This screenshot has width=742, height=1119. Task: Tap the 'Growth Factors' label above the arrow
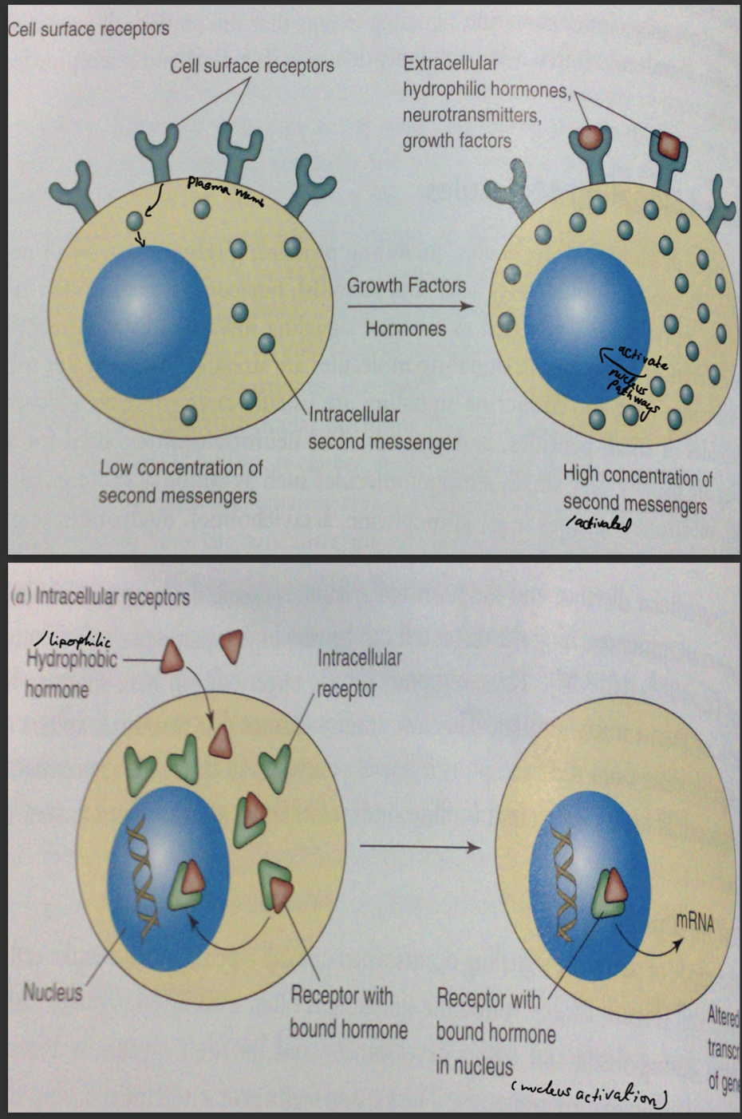click(406, 286)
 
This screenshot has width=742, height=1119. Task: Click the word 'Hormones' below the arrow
click(405, 329)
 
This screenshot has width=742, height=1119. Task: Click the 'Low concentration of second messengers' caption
click(180, 482)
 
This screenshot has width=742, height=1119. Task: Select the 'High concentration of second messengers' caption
click(637, 489)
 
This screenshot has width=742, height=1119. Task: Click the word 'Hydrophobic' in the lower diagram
click(72, 660)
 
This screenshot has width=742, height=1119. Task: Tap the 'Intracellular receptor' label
click(358, 673)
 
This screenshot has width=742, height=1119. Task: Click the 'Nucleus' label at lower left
click(53, 992)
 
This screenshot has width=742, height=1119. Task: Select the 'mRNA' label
click(694, 922)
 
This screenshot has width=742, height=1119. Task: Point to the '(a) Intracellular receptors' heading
click(100, 596)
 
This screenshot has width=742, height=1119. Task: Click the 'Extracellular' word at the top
click(450, 63)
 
